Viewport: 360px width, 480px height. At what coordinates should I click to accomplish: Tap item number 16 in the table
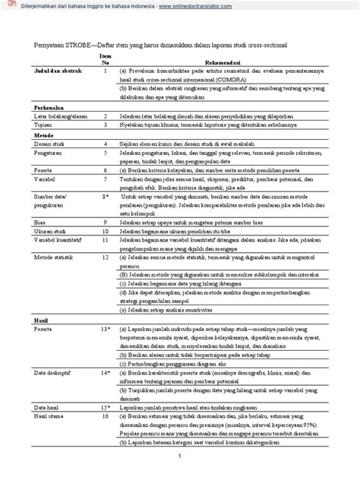(105, 416)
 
